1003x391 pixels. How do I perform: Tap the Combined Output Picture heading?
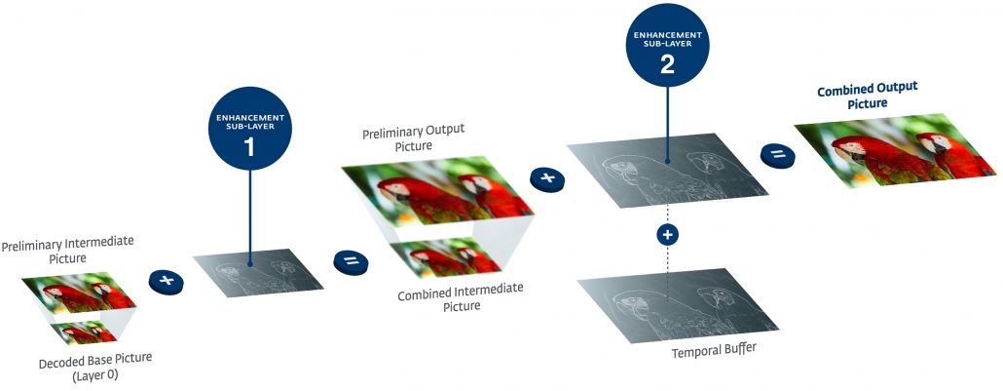pos(869,97)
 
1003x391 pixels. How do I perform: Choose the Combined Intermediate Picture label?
pos(461,296)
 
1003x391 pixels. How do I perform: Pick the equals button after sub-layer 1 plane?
pos(351,260)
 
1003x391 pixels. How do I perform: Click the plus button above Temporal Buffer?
pos(667,235)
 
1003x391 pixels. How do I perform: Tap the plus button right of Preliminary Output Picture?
pos(547,177)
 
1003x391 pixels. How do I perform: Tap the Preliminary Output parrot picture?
pos(438,192)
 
